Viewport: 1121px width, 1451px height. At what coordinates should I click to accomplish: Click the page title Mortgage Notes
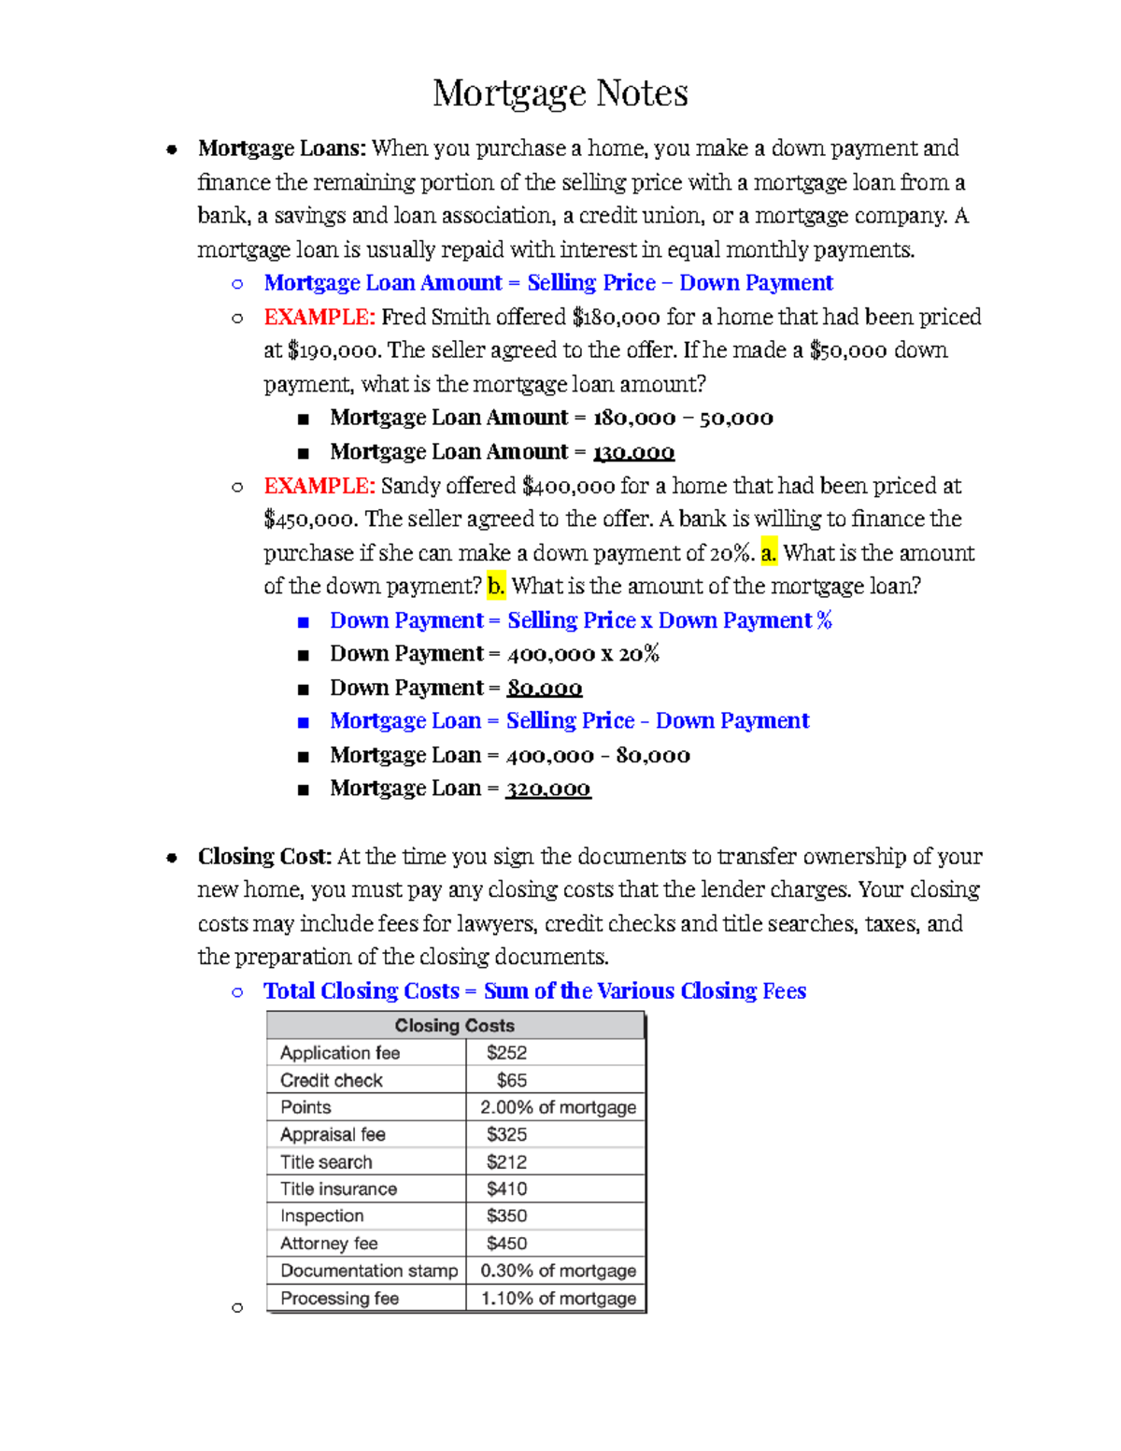click(x=560, y=93)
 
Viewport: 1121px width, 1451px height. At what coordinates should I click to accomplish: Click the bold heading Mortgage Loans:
click(x=281, y=149)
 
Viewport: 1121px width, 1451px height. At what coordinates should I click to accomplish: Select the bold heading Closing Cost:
click(x=264, y=857)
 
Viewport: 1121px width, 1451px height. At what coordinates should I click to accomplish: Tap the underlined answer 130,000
click(x=633, y=452)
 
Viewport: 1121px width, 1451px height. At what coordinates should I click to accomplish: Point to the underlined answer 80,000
click(x=544, y=689)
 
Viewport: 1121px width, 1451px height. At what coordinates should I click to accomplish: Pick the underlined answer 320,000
click(x=547, y=789)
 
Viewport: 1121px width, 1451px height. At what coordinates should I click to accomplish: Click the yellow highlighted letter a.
click(x=768, y=553)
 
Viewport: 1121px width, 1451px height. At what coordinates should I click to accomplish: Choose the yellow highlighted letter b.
click(x=495, y=587)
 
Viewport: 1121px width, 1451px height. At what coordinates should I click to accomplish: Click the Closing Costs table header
click(x=454, y=1025)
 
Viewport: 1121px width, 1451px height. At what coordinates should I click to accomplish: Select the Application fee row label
click(x=340, y=1053)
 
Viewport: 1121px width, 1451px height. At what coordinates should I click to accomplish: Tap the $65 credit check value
click(x=511, y=1080)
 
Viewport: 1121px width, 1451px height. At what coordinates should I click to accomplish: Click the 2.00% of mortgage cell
click(x=558, y=1107)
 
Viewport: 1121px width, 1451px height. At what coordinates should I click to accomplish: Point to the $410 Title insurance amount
click(x=506, y=1188)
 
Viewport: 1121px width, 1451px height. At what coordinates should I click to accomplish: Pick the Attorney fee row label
click(x=329, y=1244)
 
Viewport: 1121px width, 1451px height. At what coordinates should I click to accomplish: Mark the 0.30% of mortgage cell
click(x=558, y=1271)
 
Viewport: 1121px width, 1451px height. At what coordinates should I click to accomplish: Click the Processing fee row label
click(x=339, y=1299)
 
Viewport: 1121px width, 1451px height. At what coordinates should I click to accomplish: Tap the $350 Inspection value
click(x=506, y=1216)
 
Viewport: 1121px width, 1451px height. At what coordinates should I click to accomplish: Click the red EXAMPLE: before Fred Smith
click(x=319, y=318)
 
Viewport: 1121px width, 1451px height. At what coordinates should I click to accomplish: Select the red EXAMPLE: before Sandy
click(x=319, y=486)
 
